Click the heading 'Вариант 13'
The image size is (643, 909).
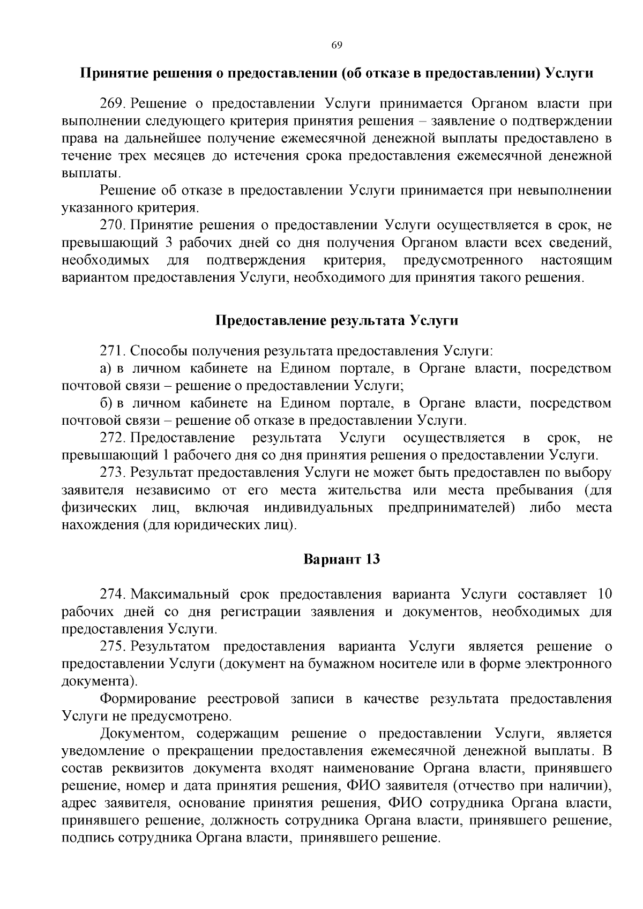(341, 559)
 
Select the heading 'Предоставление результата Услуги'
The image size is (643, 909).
(337, 320)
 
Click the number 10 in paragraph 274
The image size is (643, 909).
(604, 595)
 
